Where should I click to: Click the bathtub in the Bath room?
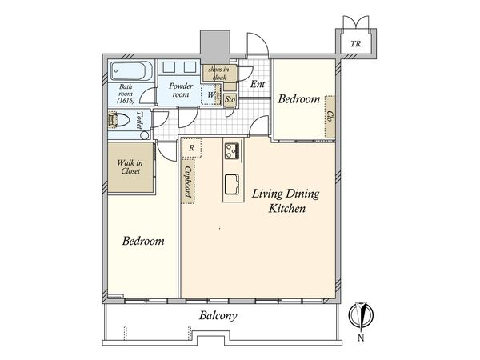132,70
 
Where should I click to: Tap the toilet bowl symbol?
118,120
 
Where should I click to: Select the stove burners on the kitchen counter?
233,151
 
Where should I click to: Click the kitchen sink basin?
232,184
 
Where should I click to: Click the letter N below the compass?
362,338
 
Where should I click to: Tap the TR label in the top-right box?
355,44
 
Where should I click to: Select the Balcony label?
218,316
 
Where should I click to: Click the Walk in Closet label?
130,167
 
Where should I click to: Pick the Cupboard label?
188,182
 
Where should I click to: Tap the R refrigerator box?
192,148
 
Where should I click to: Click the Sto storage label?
230,99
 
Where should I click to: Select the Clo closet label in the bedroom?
330,116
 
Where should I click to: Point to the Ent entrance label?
257,84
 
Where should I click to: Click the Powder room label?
181,90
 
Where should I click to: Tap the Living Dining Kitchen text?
286,201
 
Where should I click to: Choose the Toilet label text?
139,120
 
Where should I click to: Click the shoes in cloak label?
218,74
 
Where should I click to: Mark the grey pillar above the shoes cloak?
215,47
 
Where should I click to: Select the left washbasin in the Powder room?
169,67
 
